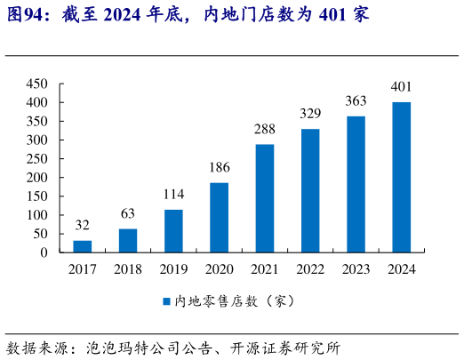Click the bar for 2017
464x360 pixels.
[x=83, y=246]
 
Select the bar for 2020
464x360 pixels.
[x=219, y=218]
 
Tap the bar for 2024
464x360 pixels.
[x=401, y=177]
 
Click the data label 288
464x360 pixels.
[x=264, y=130]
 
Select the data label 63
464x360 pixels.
[x=128, y=214]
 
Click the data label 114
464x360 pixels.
[x=173, y=195]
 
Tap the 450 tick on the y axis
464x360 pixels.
[x=36, y=84]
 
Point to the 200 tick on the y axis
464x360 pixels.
[x=36, y=178]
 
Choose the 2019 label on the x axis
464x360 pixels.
[x=173, y=269]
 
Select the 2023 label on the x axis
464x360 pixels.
[x=356, y=269]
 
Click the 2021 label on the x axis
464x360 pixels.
[x=264, y=269]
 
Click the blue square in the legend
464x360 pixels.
[x=165, y=301]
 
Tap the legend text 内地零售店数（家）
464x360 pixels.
[x=233, y=301]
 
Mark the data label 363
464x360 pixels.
[x=356, y=101]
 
